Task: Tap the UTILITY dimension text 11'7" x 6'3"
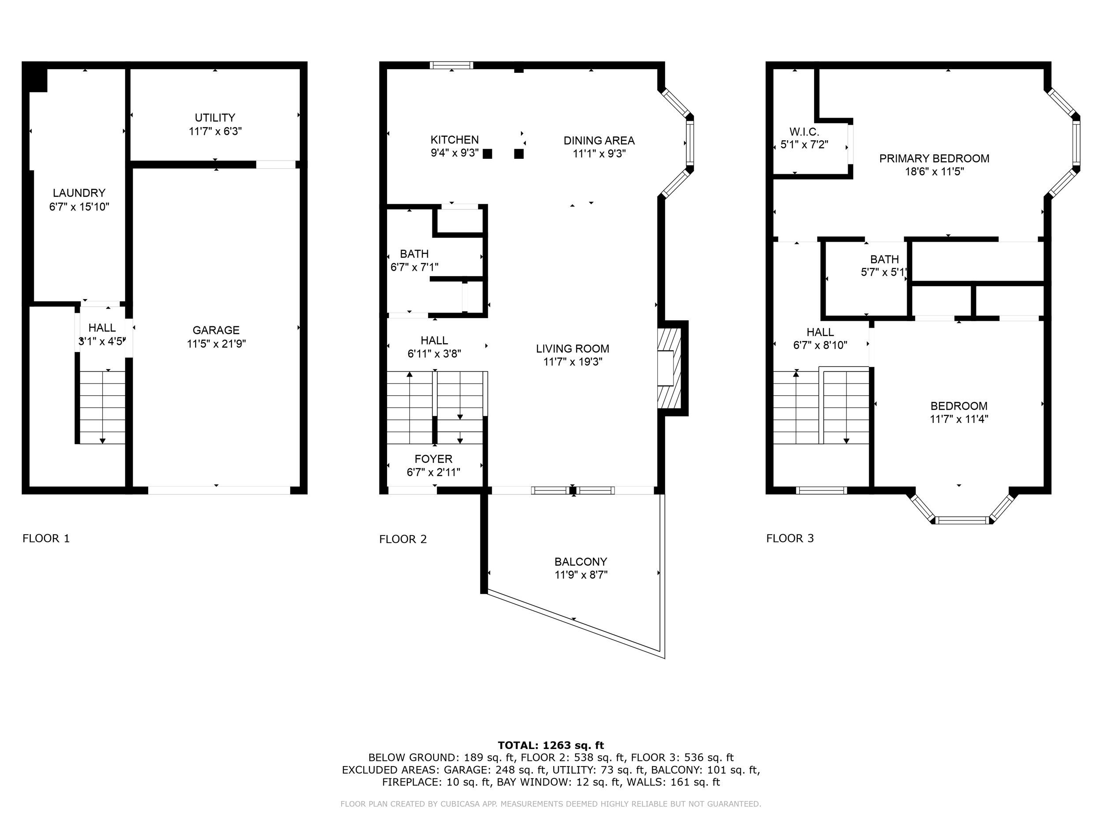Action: [215, 131]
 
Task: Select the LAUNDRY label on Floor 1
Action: [79, 193]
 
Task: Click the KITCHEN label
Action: [454, 139]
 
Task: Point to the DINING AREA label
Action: [599, 141]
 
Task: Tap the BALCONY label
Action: [581, 562]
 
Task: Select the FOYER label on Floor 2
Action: [433, 459]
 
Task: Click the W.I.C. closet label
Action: [804, 131]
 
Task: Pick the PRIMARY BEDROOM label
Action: [934, 158]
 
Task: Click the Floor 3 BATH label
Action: [884, 259]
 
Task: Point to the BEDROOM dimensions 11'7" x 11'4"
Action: [959, 419]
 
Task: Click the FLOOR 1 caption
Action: [46, 539]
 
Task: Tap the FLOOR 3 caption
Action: [789, 539]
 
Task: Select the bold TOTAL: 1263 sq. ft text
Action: [551, 745]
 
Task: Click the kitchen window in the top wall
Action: [451, 65]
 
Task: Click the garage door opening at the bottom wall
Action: [219, 490]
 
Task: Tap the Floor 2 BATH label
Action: [414, 254]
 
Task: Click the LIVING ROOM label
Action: [573, 349]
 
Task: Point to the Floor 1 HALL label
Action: [102, 328]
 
